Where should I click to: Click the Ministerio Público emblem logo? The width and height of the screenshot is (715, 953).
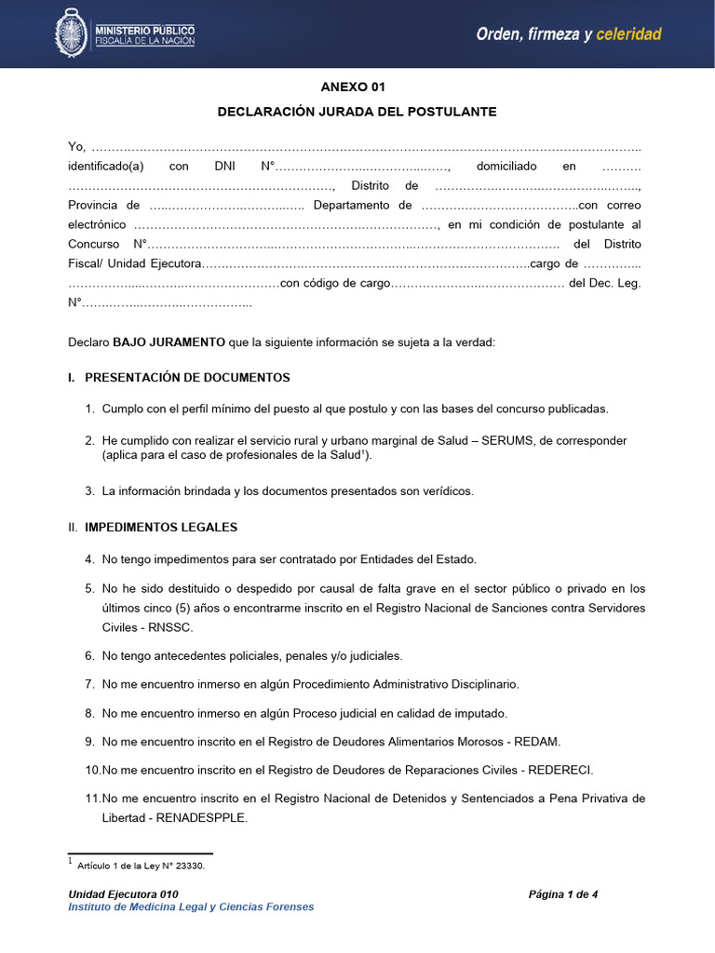pyautogui.click(x=72, y=34)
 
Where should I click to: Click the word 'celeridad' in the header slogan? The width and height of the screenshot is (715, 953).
pyautogui.click(x=628, y=34)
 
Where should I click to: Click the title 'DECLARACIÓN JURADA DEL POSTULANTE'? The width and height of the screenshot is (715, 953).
pyautogui.click(x=357, y=112)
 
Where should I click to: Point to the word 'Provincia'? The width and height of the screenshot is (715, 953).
pyautogui.click(x=91, y=206)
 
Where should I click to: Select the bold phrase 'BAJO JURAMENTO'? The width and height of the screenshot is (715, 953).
pyautogui.click(x=169, y=342)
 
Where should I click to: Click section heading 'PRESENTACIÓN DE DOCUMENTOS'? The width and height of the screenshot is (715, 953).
pyautogui.click(x=187, y=378)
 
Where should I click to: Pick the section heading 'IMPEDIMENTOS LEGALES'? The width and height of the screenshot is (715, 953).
pyautogui.click(x=161, y=528)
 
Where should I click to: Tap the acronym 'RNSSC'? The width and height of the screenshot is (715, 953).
pyautogui.click(x=150, y=628)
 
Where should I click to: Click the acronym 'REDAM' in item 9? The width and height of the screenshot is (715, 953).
pyautogui.click(x=536, y=742)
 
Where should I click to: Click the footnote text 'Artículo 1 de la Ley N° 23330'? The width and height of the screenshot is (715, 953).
pyautogui.click(x=140, y=866)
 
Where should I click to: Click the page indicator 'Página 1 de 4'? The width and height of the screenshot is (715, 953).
pyautogui.click(x=563, y=894)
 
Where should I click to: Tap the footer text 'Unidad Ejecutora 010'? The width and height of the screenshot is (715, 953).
pyautogui.click(x=123, y=894)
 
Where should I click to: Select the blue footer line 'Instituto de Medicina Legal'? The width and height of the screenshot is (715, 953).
pyautogui.click(x=191, y=907)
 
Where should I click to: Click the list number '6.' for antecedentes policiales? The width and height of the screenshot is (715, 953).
pyautogui.click(x=90, y=656)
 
